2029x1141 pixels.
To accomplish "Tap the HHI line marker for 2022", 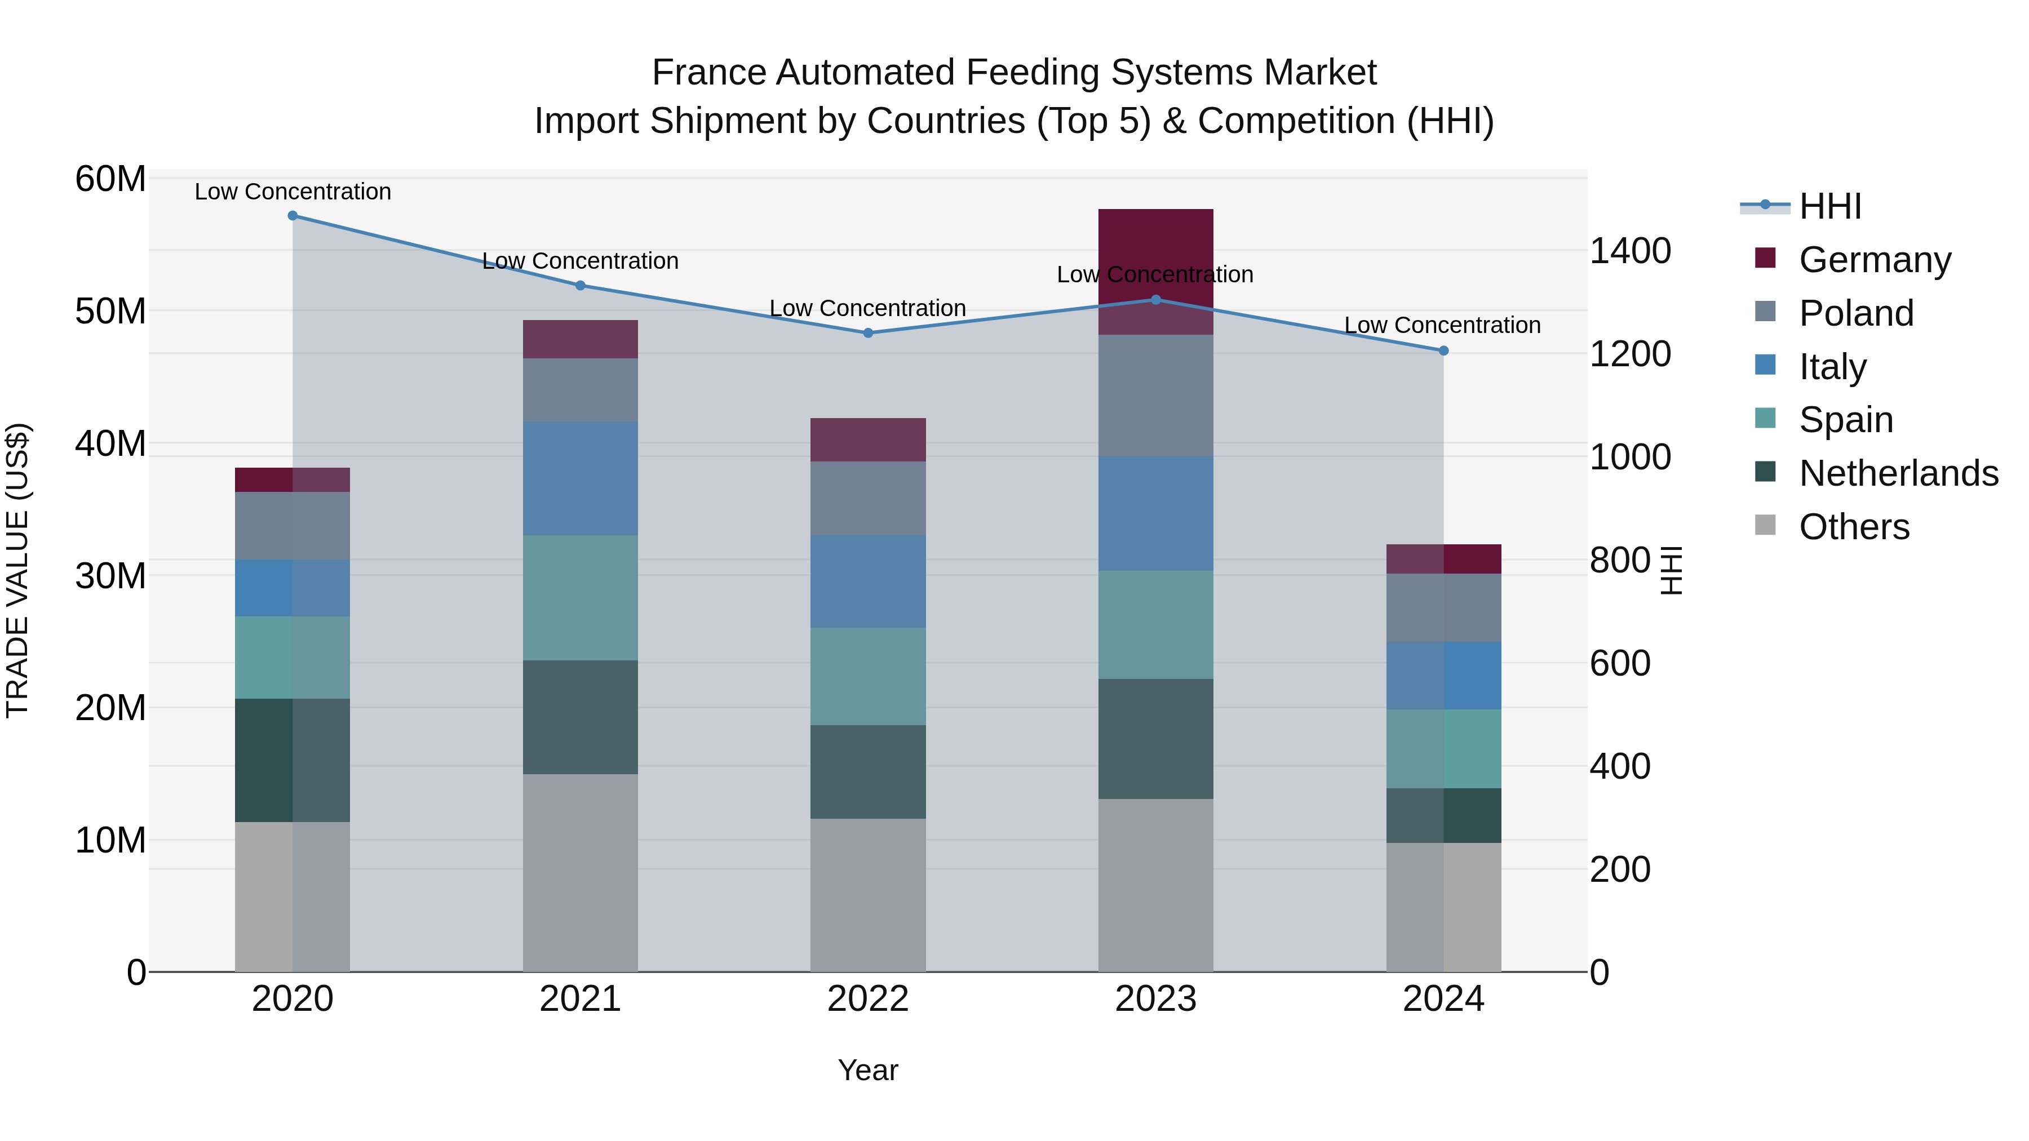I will click(x=868, y=333).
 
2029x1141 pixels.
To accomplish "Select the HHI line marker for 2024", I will click(x=1444, y=351).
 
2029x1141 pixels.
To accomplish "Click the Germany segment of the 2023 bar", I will click(x=1155, y=252).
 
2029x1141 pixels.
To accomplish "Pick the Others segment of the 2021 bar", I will click(x=581, y=872).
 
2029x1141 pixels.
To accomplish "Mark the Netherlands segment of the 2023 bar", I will click(x=1155, y=739).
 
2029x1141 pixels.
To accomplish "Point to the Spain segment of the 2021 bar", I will click(x=581, y=598).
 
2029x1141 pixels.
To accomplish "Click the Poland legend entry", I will click(x=1856, y=313).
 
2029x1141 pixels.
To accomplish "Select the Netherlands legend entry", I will click(x=1898, y=473).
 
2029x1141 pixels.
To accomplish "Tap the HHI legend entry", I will click(x=1829, y=206).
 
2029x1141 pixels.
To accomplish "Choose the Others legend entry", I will click(x=1854, y=527).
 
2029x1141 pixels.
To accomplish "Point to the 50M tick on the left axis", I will click(x=110, y=312).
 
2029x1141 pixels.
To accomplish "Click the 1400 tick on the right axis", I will click(x=1629, y=251).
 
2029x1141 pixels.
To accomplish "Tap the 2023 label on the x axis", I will click(x=1155, y=999).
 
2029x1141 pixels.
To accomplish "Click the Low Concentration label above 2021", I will click(x=581, y=261).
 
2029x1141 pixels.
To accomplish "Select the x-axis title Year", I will click(x=868, y=1070).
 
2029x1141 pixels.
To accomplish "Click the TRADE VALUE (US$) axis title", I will click(x=18, y=570).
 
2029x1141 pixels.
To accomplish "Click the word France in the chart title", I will click(x=709, y=73).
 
